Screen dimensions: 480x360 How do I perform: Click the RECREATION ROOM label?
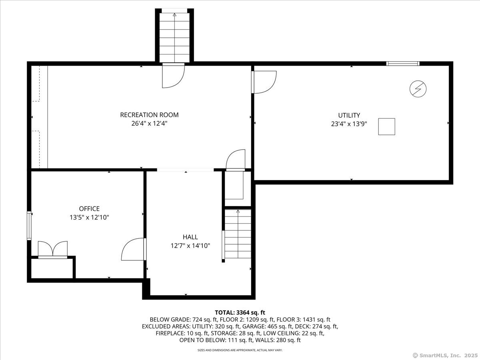pyautogui.click(x=149, y=115)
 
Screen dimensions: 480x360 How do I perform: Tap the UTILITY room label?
pyautogui.click(x=349, y=115)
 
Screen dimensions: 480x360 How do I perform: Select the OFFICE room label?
pyautogui.click(x=89, y=208)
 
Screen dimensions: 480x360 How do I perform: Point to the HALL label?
pyautogui.click(x=190, y=237)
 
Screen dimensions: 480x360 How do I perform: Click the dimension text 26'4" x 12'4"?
pyautogui.click(x=149, y=124)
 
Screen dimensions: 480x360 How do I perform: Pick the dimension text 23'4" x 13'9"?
pyautogui.click(x=349, y=124)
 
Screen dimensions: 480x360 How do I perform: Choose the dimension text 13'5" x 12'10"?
pyautogui.click(x=89, y=218)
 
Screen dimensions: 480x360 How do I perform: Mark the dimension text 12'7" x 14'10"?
pyautogui.click(x=190, y=246)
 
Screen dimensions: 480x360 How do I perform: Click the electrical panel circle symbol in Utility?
pyautogui.click(x=418, y=89)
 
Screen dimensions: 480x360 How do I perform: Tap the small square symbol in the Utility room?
pyautogui.click(x=387, y=126)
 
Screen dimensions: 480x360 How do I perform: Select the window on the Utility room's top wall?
pyautogui.click(x=403, y=64)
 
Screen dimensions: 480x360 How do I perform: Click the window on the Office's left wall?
pyautogui.click(x=29, y=226)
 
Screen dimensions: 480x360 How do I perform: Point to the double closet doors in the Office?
pyautogui.click(x=53, y=250)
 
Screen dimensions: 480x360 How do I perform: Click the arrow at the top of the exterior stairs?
pyautogui.click(x=174, y=15)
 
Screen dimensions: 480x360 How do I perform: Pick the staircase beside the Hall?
pyautogui.click(x=238, y=234)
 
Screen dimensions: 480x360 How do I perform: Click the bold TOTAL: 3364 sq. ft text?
pyautogui.click(x=240, y=312)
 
